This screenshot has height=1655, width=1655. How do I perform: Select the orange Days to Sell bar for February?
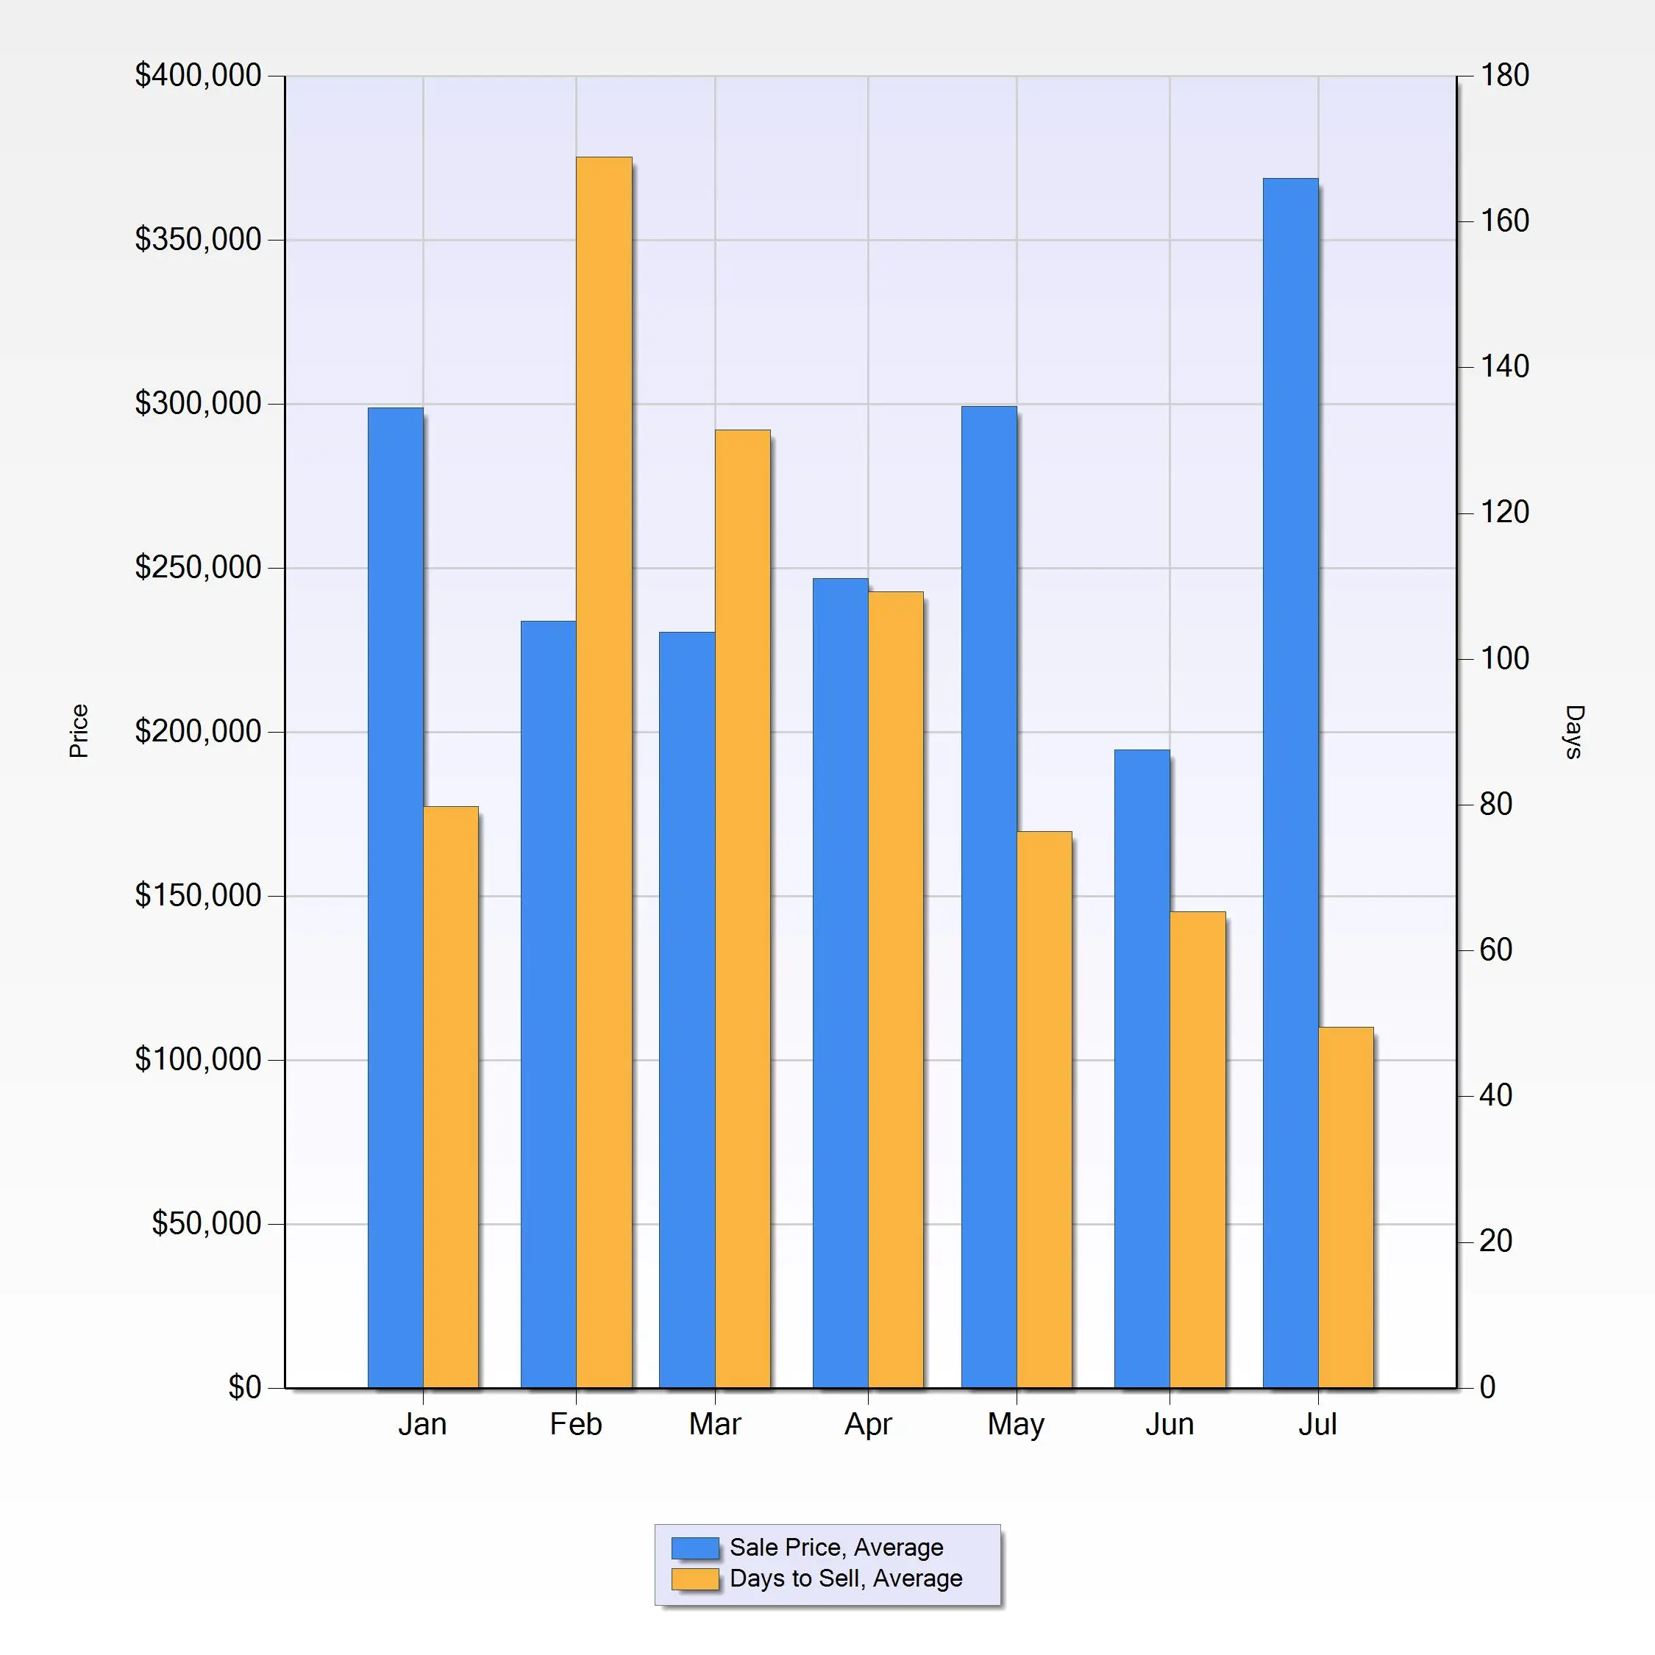tap(604, 771)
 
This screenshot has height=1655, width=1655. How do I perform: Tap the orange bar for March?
tap(743, 908)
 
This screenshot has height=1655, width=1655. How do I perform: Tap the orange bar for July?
tap(1346, 1207)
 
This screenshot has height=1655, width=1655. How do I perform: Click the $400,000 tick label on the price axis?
tap(198, 75)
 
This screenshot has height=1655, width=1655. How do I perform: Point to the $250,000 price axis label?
tap(198, 567)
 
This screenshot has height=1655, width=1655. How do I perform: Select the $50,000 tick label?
tap(207, 1223)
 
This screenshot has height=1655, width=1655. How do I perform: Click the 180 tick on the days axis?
tap(1505, 75)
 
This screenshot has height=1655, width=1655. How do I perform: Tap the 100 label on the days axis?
tap(1505, 658)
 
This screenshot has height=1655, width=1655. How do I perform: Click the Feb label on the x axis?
tap(576, 1425)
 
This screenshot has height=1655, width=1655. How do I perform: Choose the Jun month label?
tap(1170, 1425)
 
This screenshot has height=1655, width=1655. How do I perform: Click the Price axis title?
tap(79, 730)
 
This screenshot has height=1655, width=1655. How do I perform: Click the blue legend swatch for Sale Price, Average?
tap(694, 1548)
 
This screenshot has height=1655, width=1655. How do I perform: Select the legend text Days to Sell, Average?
tap(845, 1579)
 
